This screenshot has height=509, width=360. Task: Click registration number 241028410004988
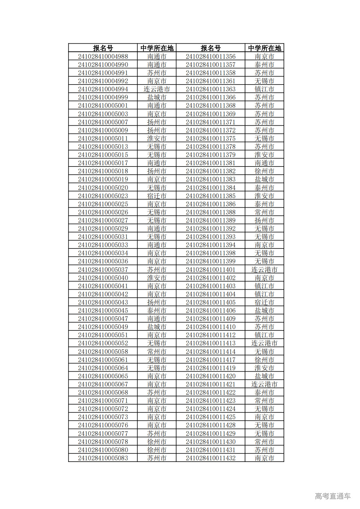tap(103, 56)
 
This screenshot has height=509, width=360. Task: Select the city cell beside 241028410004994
tap(157, 89)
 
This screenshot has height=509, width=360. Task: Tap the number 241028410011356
tap(210, 56)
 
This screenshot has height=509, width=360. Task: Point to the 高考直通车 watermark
tap(333, 496)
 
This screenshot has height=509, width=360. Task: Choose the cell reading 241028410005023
tap(103, 196)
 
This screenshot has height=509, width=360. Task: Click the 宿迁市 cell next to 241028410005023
tap(157, 196)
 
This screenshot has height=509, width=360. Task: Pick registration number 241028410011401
tap(210, 270)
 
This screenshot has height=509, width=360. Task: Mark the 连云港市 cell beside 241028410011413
tap(264, 343)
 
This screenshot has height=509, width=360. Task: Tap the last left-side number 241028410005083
tap(103, 458)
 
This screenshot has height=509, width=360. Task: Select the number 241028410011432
tap(210, 458)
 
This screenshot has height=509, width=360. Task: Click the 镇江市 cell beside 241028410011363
tap(264, 89)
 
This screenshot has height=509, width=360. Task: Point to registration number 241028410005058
tap(103, 352)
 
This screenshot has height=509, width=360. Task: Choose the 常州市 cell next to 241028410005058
tap(157, 352)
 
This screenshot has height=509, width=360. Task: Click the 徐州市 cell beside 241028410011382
tap(264, 171)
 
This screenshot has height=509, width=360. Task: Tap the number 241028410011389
tap(210, 220)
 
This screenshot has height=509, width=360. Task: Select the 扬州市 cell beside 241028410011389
tap(264, 220)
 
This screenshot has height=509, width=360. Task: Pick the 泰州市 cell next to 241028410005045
tap(157, 310)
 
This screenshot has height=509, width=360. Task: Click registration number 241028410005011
tap(103, 138)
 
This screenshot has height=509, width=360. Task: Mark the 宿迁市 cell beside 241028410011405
tap(264, 302)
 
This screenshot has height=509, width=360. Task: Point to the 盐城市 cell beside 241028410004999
tap(157, 97)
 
